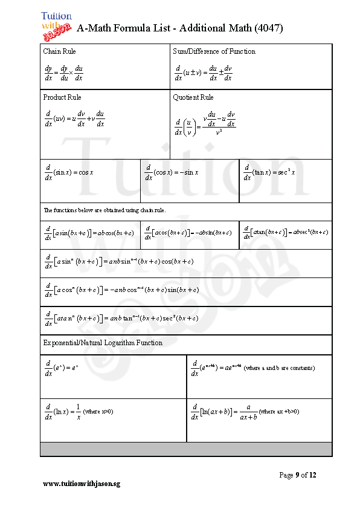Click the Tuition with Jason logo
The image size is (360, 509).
[57, 25]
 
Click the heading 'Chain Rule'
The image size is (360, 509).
[60, 51]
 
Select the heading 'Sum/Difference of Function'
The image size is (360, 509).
[214, 51]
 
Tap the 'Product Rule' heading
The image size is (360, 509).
[62, 97]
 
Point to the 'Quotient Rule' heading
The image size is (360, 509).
[193, 97]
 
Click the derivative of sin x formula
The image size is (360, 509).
[69, 173]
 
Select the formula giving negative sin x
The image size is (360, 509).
[172, 173]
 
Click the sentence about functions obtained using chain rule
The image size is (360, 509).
[104, 210]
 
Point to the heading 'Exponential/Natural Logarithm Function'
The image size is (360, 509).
[103, 343]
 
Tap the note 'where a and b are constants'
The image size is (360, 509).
[279, 368]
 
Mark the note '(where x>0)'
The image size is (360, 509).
[98, 412]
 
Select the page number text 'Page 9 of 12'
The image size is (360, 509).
[297, 475]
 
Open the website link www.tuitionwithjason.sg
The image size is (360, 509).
[82, 484]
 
